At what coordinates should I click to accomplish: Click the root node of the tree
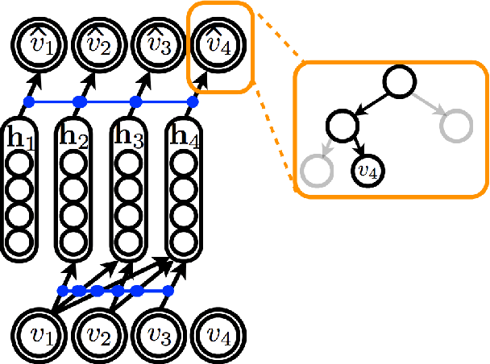click(x=400, y=81)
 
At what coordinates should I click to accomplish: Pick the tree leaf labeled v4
click(x=368, y=170)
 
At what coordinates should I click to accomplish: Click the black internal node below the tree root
click(x=343, y=125)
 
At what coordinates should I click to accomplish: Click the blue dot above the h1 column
click(x=29, y=102)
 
